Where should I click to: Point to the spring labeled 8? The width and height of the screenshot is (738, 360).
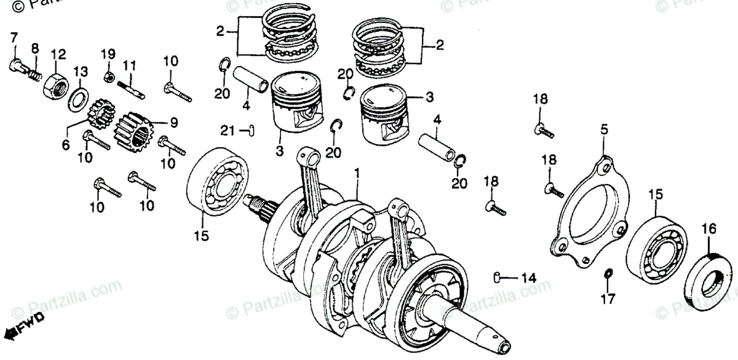[x=35, y=76]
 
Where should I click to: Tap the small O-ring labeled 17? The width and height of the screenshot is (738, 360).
[x=607, y=273]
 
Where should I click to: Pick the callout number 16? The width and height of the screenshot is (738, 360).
[x=708, y=229]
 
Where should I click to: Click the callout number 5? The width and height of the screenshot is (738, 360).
[x=603, y=130]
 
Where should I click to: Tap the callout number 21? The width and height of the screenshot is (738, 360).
[x=228, y=130]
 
